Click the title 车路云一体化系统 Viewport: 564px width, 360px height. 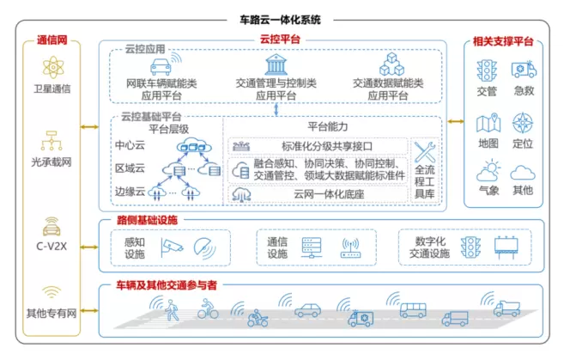click(281, 18)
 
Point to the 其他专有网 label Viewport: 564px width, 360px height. click(53, 314)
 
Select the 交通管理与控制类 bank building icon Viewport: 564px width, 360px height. click(276, 64)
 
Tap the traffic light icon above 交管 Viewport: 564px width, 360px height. click(488, 70)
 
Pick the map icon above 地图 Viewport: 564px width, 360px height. click(488, 123)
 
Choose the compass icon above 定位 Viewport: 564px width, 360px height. click(523, 123)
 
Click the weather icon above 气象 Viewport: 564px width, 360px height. click(488, 169)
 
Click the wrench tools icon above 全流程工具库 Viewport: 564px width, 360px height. click(426, 153)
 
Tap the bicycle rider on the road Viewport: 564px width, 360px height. click(207, 310)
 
